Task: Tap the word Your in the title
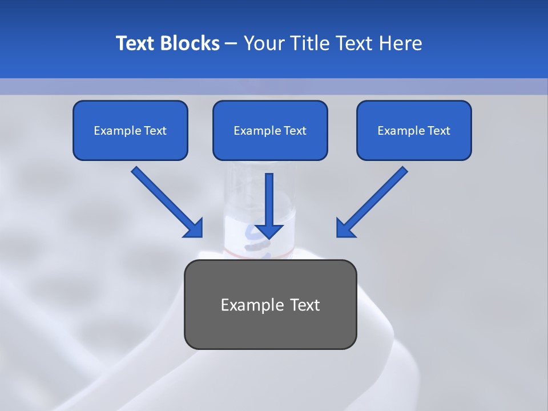point(262,43)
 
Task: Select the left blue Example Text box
point(130,130)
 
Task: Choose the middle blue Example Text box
point(270,130)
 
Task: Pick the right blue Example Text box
point(414,130)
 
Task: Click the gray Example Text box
point(270,304)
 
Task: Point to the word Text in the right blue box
point(439,131)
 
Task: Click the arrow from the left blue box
point(166,201)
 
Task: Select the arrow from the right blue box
point(373,201)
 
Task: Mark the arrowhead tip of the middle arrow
point(269,237)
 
